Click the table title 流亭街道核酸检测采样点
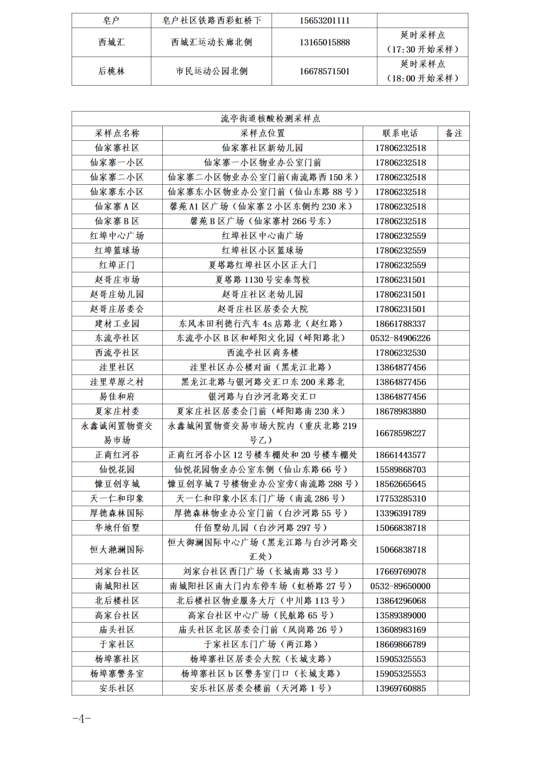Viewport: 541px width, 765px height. click(x=270, y=119)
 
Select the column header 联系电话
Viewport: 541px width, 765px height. click(x=400, y=133)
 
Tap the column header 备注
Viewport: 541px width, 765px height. click(x=453, y=133)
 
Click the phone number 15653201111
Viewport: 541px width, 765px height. click(x=324, y=21)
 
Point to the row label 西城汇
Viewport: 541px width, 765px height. click(x=111, y=42)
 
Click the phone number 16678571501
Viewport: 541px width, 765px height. click(x=324, y=71)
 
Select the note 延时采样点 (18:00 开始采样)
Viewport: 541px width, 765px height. click(x=422, y=71)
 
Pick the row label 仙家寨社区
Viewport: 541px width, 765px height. click(x=117, y=148)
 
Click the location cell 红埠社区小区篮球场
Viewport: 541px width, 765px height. click(x=262, y=250)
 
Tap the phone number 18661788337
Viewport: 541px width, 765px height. click(x=400, y=323)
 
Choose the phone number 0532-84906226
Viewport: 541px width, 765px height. click(x=400, y=338)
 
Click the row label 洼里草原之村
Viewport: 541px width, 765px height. click(x=117, y=382)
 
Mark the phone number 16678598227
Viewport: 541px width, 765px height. click(x=400, y=433)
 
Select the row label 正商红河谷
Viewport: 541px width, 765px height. click(x=117, y=455)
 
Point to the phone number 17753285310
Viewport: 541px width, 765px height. click(x=400, y=499)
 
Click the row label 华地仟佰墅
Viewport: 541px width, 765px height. click(x=117, y=528)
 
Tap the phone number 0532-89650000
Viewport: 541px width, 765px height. click(x=400, y=586)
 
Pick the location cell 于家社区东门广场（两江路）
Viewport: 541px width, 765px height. click(x=262, y=644)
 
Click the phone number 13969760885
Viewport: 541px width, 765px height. click(x=400, y=688)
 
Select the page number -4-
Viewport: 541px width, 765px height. click(x=82, y=719)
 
